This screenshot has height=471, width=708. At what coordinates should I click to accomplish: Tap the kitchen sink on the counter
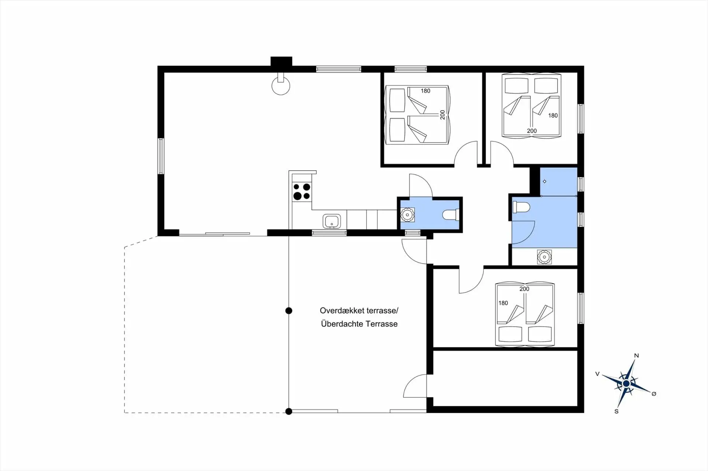(332, 221)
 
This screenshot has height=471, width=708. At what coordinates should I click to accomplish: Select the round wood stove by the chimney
(281, 85)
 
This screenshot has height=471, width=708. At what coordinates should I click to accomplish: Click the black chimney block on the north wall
(281, 61)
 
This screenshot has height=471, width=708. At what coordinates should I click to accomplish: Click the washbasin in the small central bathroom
(407, 215)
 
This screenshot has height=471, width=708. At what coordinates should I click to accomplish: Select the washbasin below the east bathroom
(544, 257)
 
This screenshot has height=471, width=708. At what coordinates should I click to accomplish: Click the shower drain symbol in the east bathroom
(545, 181)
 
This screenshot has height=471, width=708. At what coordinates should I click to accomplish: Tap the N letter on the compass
(636, 356)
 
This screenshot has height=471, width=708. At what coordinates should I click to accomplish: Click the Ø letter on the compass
(654, 394)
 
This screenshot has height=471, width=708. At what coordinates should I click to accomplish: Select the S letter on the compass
(617, 411)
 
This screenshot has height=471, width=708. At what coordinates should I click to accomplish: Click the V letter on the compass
(597, 374)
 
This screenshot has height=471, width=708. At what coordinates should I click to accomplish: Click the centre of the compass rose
(626, 384)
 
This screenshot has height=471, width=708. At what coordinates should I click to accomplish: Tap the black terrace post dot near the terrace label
(289, 311)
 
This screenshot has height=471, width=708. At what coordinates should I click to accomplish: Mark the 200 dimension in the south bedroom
(524, 289)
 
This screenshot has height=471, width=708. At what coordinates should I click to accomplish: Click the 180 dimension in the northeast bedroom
(553, 116)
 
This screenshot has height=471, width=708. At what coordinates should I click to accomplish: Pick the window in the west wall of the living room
(161, 156)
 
